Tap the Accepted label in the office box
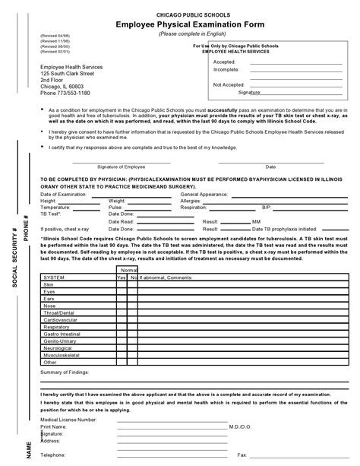coord(225,61)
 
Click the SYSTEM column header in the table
coord(55,278)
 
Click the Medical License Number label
coord(68,419)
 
